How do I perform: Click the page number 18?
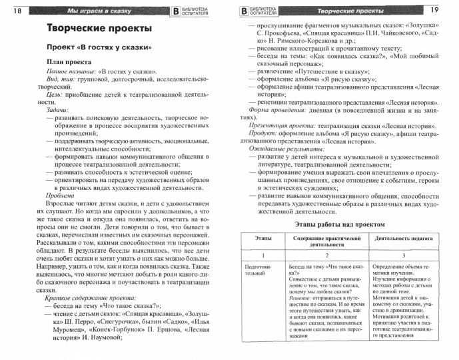(x=17, y=11)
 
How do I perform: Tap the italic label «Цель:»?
(x=51, y=94)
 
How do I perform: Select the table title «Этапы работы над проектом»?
(x=342, y=225)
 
